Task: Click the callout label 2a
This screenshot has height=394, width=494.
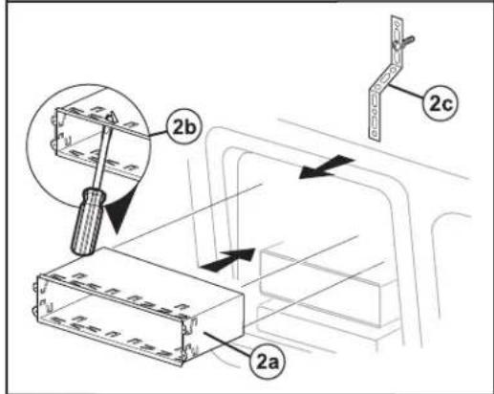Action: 268,362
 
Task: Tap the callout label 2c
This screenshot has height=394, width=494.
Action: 440,102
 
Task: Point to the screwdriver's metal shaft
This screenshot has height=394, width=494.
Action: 102,156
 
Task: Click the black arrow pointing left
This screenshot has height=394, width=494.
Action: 327,166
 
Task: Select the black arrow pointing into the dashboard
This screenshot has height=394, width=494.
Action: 228,260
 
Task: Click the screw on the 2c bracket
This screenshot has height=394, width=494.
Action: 403,42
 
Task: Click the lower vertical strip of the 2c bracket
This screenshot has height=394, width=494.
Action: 376,114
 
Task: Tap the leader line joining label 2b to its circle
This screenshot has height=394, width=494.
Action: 158,133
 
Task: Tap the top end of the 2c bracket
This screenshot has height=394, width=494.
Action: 397,20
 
